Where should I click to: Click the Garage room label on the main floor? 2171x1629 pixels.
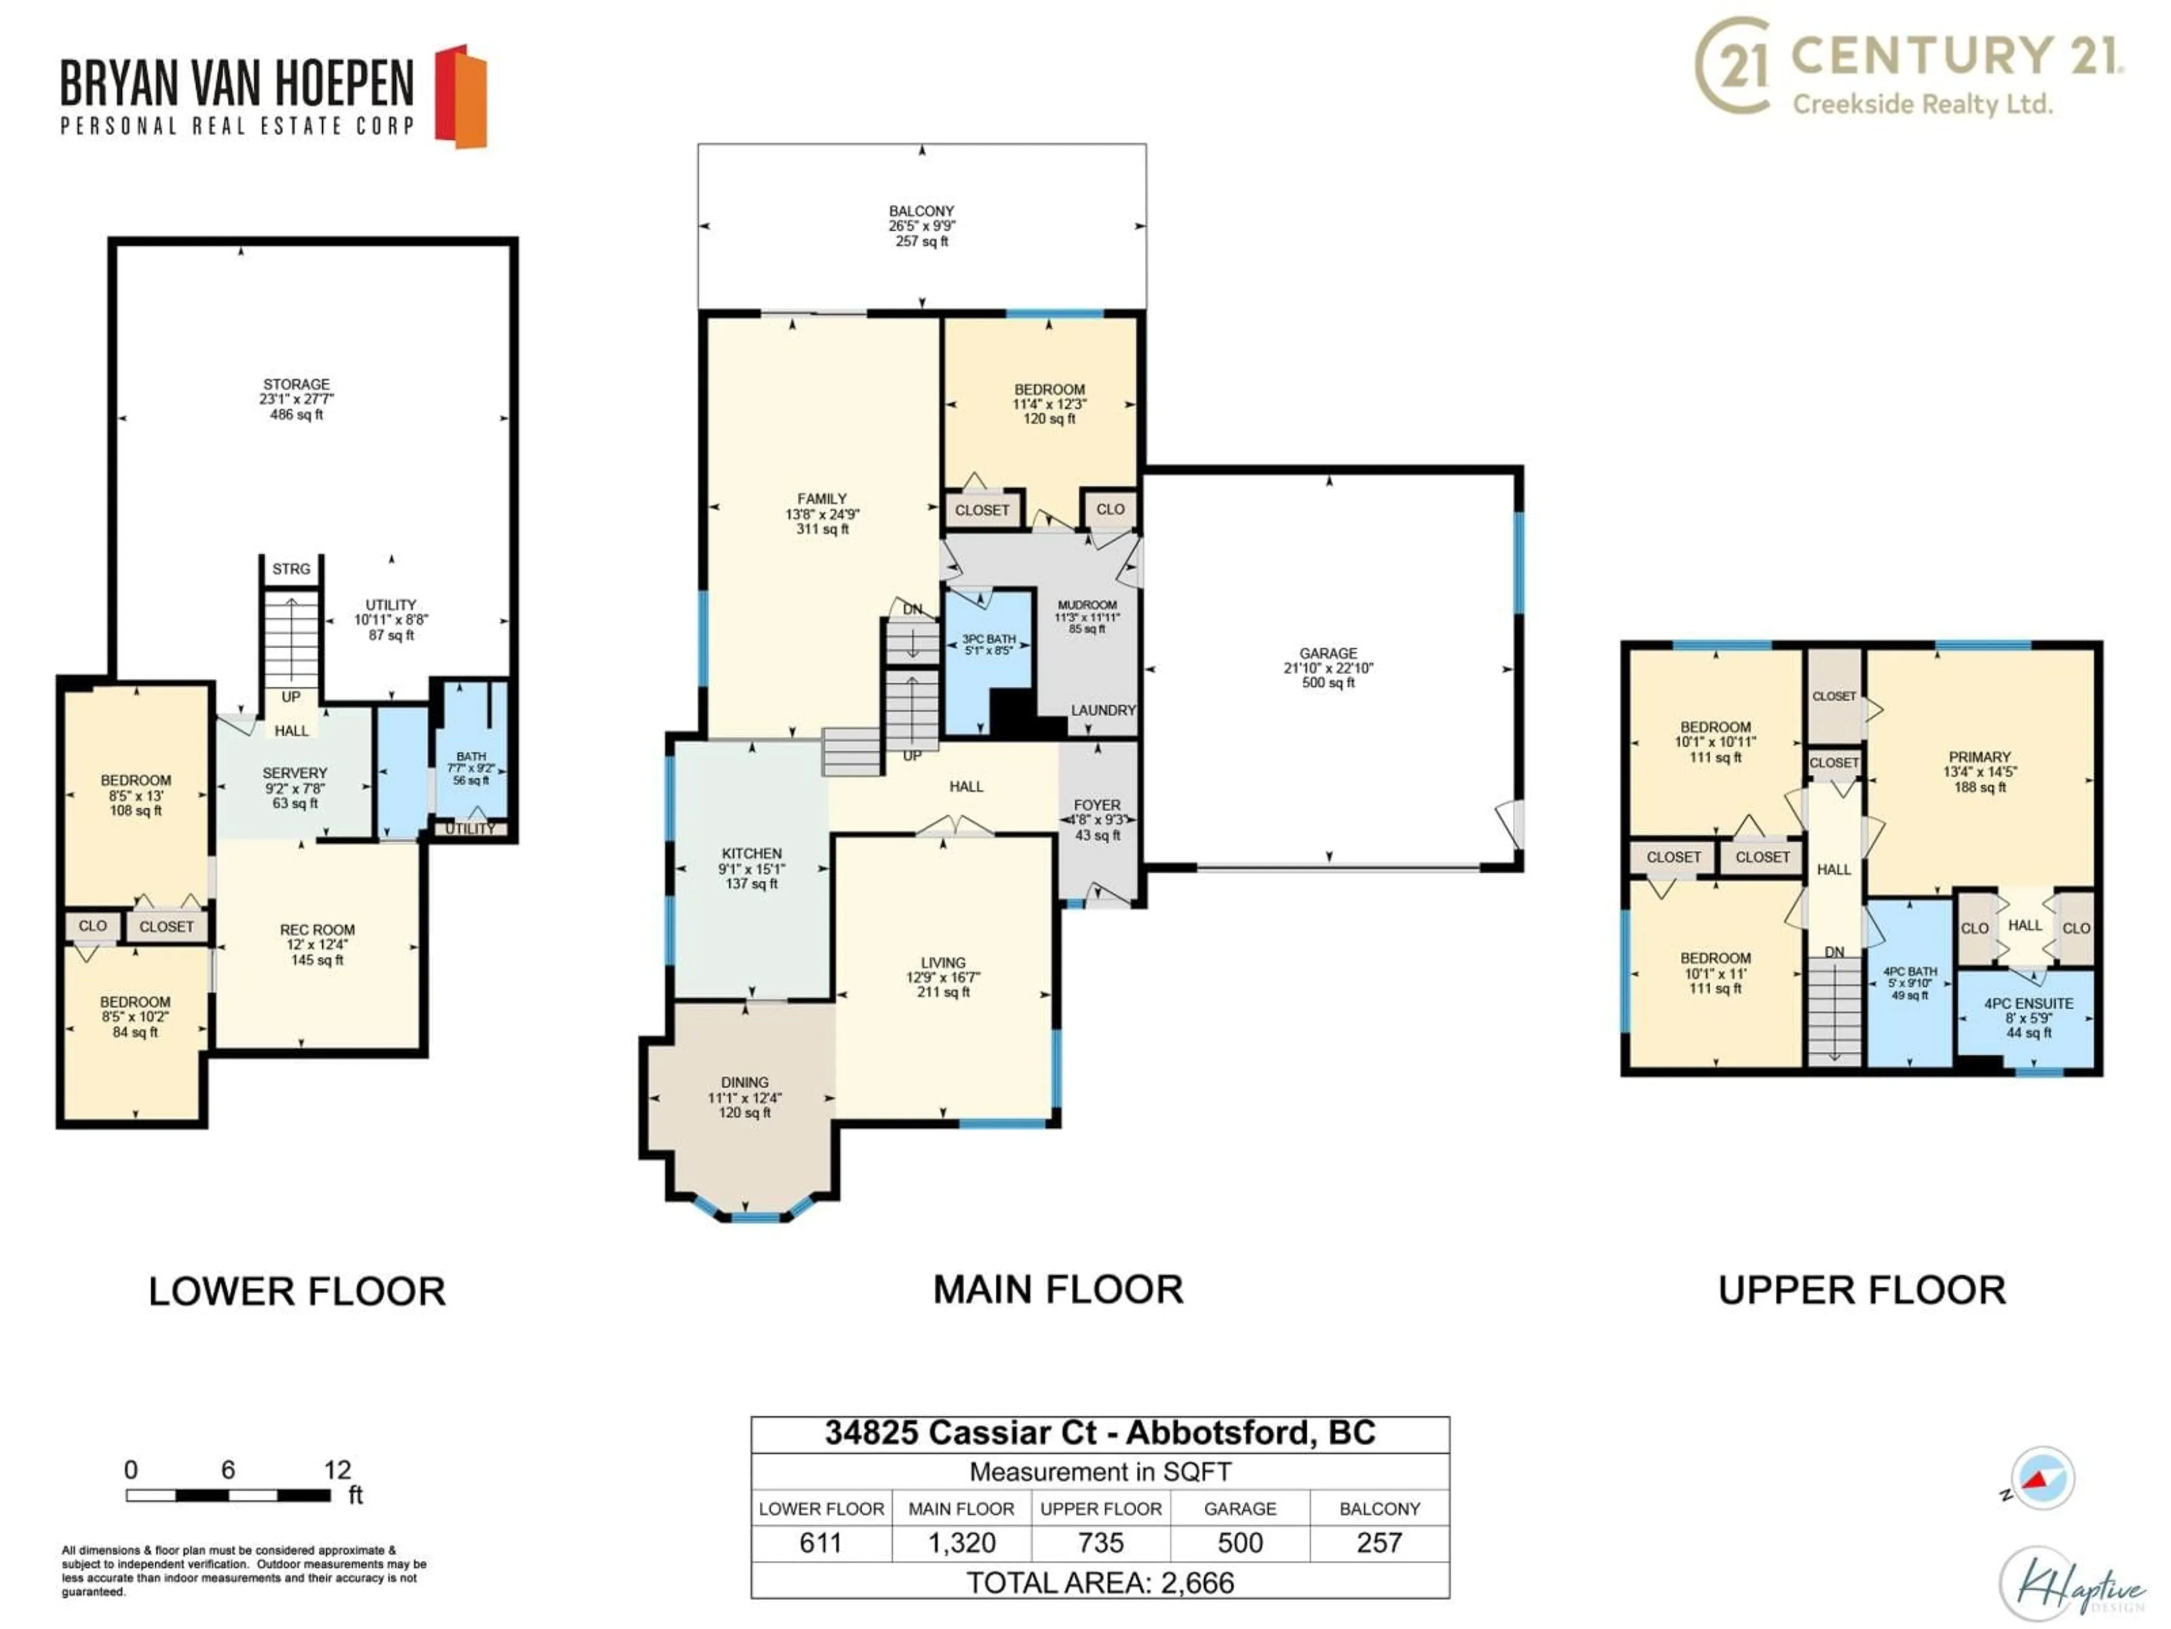(x=1328, y=667)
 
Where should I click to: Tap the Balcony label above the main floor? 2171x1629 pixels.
(x=920, y=225)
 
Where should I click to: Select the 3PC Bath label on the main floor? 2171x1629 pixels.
(x=988, y=644)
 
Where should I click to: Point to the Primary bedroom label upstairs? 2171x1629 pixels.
(x=1979, y=771)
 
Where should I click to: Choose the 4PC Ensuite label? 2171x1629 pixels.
(x=2028, y=1017)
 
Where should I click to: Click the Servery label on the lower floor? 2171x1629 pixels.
(x=295, y=787)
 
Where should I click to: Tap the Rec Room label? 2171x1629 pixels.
(x=317, y=943)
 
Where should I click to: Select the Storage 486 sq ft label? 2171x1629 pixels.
(x=296, y=399)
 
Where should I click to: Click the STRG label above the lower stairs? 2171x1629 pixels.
(x=291, y=568)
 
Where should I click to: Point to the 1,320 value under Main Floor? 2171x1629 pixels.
(x=961, y=1542)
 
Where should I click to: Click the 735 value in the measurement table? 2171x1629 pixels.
(x=1100, y=1542)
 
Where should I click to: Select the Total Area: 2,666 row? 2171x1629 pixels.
(x=1100, y=1583)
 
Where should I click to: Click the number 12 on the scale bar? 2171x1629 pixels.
(x=336, y=1470)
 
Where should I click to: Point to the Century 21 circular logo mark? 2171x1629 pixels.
(x=1732, y=66)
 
